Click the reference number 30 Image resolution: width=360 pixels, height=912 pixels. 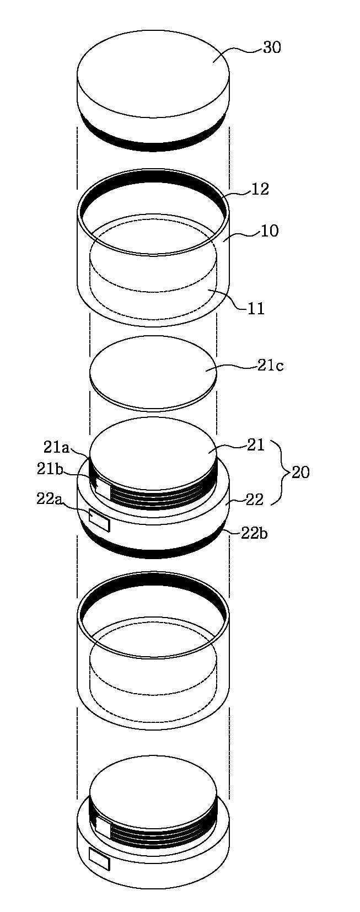click(272, 48)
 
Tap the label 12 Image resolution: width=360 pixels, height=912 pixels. click(260, 189)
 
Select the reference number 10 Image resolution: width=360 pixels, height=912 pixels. click(270, 231)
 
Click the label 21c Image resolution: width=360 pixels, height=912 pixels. click(270, 366)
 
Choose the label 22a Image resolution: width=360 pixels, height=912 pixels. click(50, 499)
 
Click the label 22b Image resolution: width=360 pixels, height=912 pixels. click(254, 534)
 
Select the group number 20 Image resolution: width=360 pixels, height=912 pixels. click(300, 473)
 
